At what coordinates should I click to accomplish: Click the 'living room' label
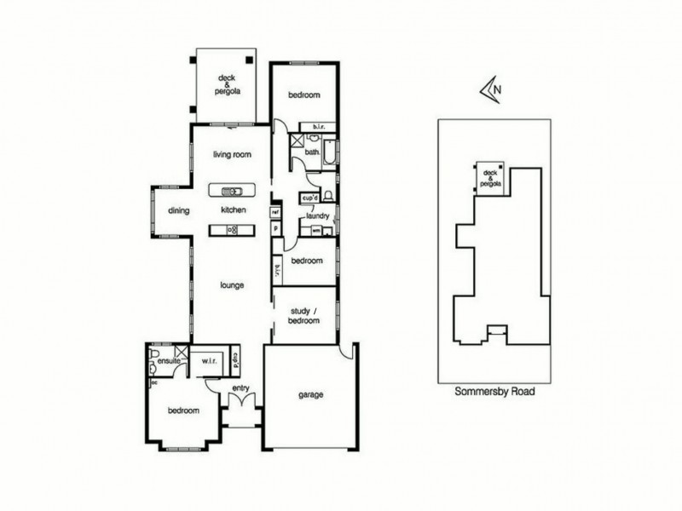pos(232,154)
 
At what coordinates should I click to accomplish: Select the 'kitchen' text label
pos(233,210)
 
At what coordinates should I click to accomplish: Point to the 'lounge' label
pos(232,285)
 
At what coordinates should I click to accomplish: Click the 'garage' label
pos(311,395)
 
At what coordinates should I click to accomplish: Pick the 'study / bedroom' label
pos(304,316)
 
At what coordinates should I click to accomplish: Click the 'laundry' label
pos(318,216)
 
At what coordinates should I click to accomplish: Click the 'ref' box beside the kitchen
pos(275,211)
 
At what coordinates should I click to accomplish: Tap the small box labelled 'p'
pos(275,228)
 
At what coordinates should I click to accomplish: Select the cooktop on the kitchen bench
pos(232,229)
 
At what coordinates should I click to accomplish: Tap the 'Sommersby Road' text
pos(494,393)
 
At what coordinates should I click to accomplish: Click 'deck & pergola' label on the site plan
pos(492,177)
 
